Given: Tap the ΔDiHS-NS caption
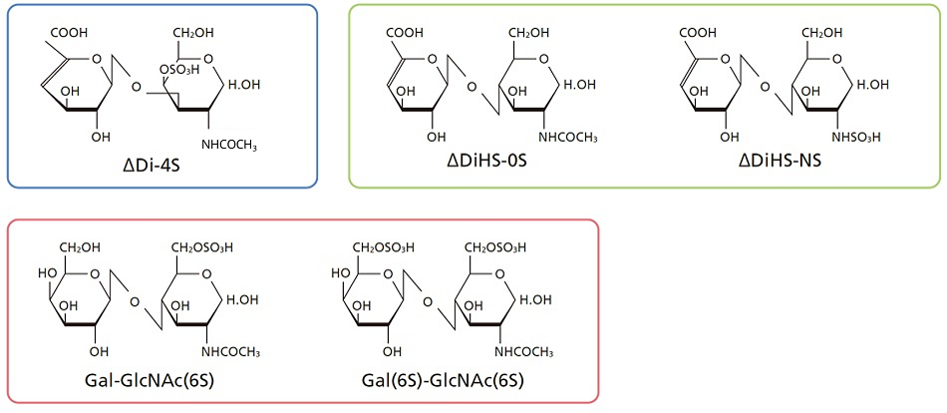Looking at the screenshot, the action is (783, 162).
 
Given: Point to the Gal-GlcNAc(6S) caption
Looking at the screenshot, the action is (151, 381).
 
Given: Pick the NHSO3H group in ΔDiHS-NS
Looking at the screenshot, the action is (858, 138).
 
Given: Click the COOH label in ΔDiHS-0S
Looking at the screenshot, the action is (403, 32).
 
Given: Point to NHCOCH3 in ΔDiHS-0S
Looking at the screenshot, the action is (568, 138).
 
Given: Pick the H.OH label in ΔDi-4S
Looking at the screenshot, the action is (244, 84).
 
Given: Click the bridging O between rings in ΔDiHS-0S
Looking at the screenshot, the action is (471, 88).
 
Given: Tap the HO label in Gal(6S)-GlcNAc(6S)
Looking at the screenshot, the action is (339, 273).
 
